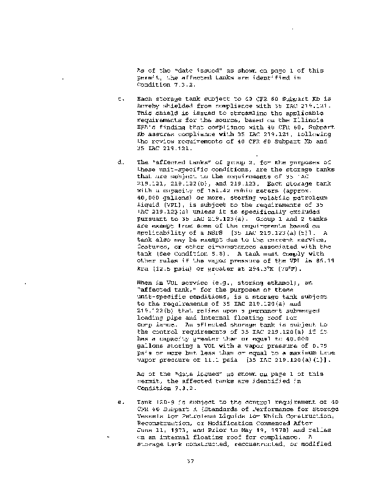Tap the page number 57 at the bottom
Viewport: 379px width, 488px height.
[189, 468]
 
